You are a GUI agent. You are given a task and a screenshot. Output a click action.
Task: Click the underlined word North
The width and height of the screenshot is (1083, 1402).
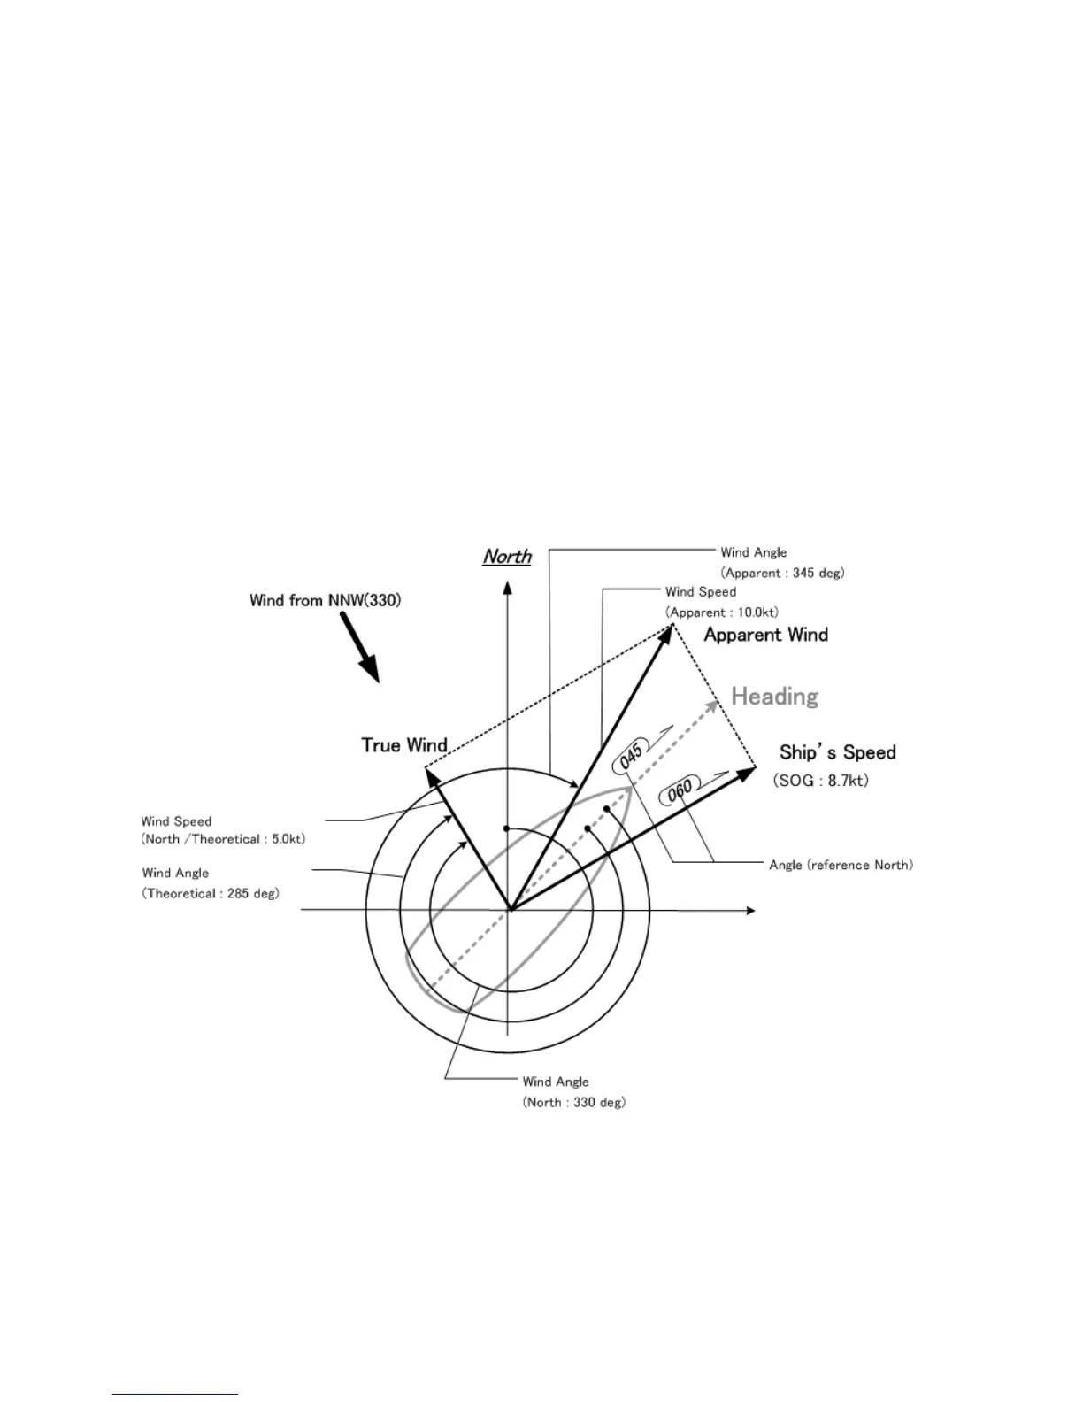pyautogui.click(x=507, y=557)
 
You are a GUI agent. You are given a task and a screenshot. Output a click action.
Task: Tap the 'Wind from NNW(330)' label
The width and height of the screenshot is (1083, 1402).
pyautogui.click(x=325, y=601)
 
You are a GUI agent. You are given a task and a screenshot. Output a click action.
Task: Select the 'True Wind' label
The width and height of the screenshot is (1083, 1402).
pyautogui.click(x=404, y=745)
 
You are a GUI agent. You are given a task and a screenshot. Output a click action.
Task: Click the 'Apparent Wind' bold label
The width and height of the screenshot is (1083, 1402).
pyautogui.click(x=765, y=635)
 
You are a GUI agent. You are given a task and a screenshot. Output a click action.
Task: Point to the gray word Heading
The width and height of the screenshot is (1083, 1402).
pyautogui.click(x=774, y=697)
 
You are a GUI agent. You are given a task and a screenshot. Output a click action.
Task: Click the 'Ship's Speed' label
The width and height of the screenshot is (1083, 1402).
pyautogui.click(x=837, y=752)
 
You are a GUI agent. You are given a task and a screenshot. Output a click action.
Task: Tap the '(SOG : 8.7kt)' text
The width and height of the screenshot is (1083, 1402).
pyautogui.click(x=820, y=781)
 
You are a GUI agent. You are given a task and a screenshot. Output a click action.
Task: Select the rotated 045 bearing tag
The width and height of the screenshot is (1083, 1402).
pyautogui.click(x=631, y=758)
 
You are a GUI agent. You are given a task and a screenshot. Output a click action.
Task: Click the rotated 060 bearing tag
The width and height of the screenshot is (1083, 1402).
pyautogui.click(x=680, y=790)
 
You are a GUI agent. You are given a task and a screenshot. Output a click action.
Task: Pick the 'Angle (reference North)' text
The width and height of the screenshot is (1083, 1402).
pyautogui.click(x=841, y=865)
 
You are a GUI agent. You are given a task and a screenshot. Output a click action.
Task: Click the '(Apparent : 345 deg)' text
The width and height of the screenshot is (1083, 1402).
pyautogui.click(x=782, y=573)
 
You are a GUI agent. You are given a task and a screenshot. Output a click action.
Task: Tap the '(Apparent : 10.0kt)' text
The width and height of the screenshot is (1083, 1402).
pyautogui.click(x=722, y=612)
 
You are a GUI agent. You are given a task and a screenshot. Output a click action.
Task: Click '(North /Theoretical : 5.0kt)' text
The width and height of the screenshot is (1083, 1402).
pyautogui.click(x=223, y=839)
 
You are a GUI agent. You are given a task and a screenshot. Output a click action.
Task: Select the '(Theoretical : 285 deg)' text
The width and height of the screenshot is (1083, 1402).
pyautogui.click(x=211, y=893)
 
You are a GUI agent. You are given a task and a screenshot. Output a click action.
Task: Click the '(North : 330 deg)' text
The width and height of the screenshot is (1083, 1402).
pyautogui.click(x=573, y=1102)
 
